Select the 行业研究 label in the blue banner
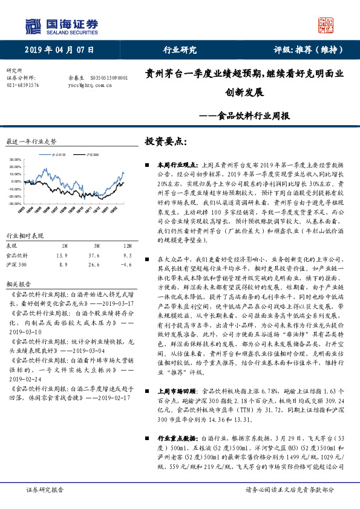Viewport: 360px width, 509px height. [180, 50]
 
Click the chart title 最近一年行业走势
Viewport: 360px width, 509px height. [31, 141]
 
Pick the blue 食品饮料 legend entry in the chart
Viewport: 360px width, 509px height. [57, 155]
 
